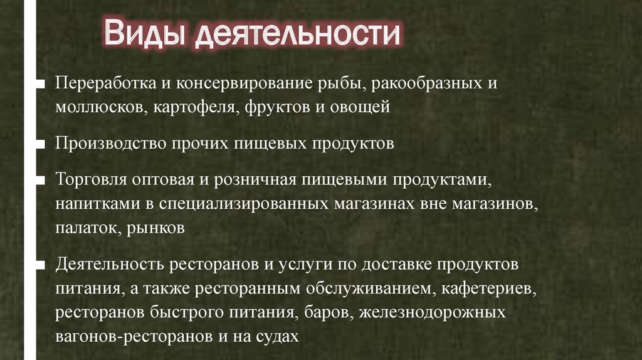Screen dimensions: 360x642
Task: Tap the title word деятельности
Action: tap(297, 34)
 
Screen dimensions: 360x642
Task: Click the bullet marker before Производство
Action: tap(40, 144)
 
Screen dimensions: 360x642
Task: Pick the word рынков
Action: tap(155, 228)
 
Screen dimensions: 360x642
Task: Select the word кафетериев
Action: tap(487, 289)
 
